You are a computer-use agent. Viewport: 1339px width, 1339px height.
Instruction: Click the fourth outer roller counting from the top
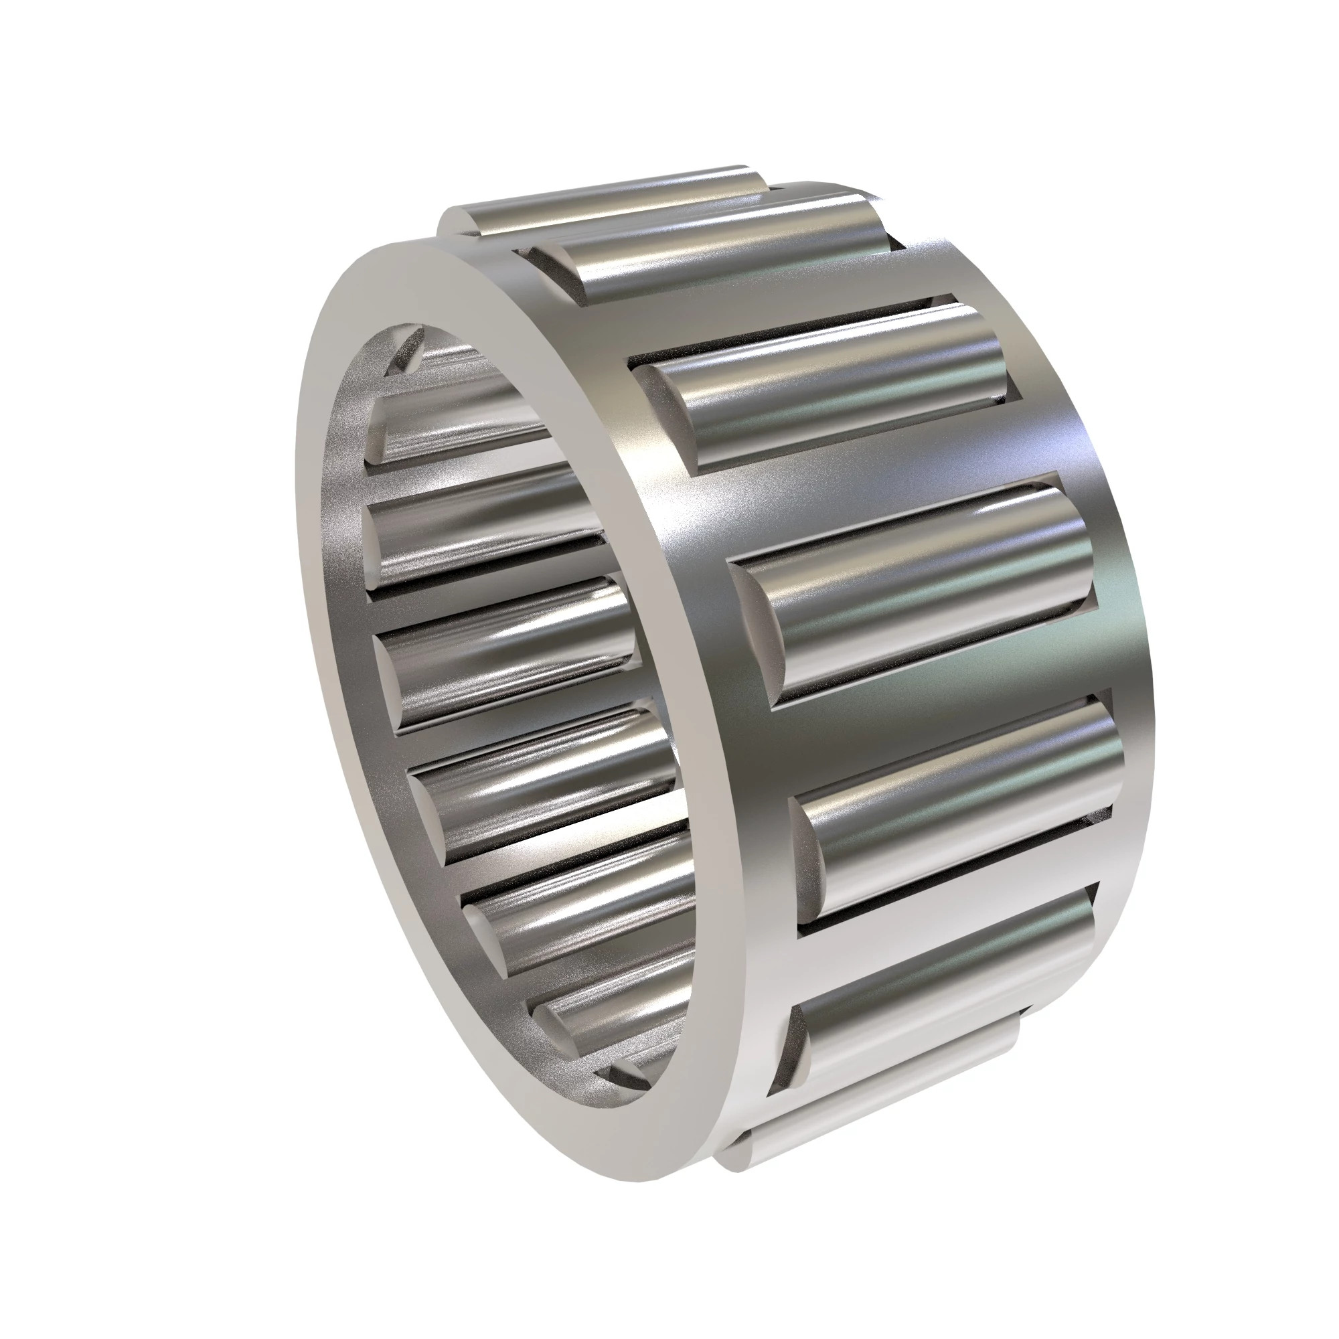[922, 589]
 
